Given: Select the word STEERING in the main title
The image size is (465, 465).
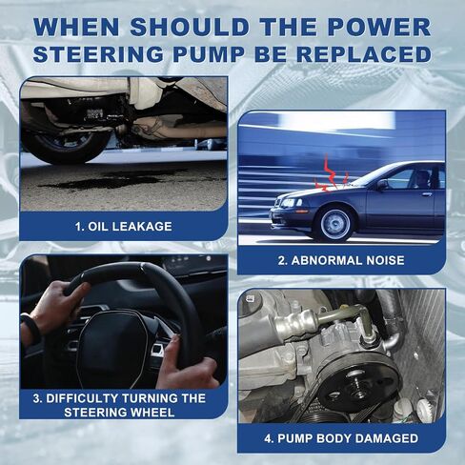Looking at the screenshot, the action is [98, 53].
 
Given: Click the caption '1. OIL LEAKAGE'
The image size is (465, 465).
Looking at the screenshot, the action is [124, 227].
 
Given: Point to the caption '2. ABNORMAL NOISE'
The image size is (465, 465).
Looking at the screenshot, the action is [341, 260].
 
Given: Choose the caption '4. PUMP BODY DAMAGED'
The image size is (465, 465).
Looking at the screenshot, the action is [341, 438].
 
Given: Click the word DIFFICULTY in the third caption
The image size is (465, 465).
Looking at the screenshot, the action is [82, 398].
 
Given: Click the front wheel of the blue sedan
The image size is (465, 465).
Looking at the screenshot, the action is [334, 224].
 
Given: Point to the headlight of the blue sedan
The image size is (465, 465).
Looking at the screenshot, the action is [290, 203].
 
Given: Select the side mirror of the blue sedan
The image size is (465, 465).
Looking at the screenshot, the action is [382, 185].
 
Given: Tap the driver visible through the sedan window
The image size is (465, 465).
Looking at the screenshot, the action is [422, 180].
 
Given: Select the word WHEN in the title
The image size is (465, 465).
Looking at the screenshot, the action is [76, 27].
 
